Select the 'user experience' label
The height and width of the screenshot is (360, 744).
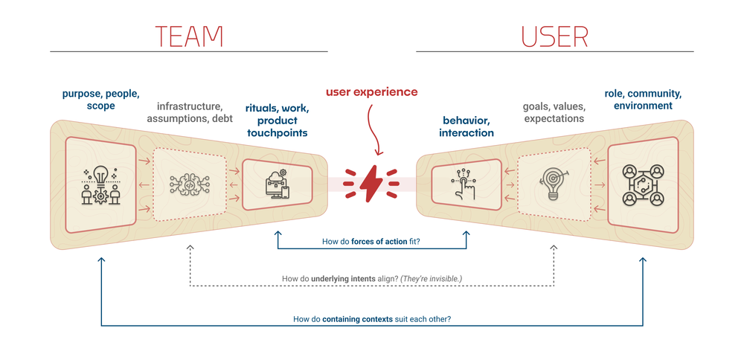point(371,92)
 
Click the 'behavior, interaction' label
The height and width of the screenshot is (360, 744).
point(468,126)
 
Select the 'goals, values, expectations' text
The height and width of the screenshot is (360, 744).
point(554,112)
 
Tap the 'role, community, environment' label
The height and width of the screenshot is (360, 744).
point(643,100)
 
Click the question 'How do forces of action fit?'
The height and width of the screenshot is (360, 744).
point(371,242)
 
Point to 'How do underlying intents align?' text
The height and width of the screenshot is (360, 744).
point(371,279)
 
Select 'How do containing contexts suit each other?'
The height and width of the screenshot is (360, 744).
point(371,319)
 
